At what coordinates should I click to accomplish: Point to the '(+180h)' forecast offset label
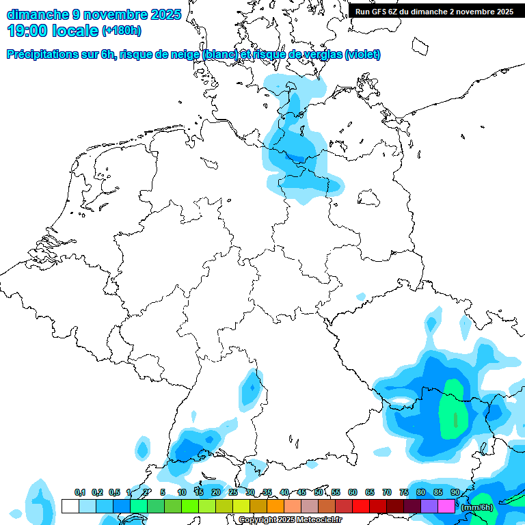122,31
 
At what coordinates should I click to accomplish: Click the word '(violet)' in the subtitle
363,55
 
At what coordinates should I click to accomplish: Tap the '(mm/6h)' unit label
477,507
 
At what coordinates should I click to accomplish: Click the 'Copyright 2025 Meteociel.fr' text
290,520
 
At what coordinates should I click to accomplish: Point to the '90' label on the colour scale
455,492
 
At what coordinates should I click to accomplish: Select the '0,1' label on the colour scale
79,492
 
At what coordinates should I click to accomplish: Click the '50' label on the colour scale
319,492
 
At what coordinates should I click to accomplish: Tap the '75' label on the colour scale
404,492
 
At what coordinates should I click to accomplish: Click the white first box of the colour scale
70,507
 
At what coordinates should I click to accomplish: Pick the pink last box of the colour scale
446,507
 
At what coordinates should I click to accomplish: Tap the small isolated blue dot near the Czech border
361,296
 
